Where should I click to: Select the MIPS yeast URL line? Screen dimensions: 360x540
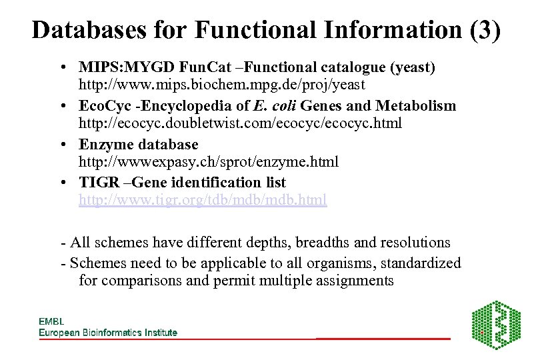[221, 85]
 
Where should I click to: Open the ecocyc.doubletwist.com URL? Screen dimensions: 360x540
[240, 124]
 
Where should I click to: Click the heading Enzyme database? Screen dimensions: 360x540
[138, 144]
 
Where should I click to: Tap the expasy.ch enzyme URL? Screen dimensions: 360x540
[209, 162]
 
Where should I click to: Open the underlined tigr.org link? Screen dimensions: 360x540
[203, 200]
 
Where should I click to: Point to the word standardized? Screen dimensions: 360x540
[419, 263]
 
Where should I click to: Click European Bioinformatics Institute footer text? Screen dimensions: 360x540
[108, 332]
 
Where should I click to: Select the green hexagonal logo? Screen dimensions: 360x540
[496, 325]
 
